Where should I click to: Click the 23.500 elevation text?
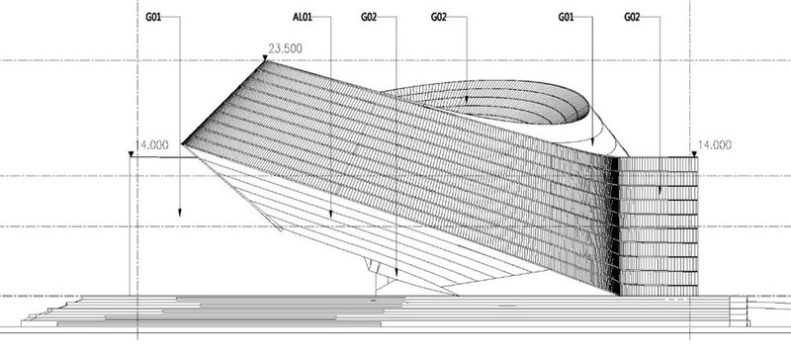(x=284, y=48)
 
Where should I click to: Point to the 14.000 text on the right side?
(x=714, y=144)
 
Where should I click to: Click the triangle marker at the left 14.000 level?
(x=132, y=155)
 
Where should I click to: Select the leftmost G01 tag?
(x=153, y=18)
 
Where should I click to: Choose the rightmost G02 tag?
(x=635, y=18)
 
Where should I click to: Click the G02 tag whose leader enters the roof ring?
(x=442, y=18)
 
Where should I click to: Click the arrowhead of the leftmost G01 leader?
(x=180, y=213)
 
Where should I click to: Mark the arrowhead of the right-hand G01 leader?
(x=592, y=148)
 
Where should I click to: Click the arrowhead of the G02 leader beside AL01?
(x=395, y=275)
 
